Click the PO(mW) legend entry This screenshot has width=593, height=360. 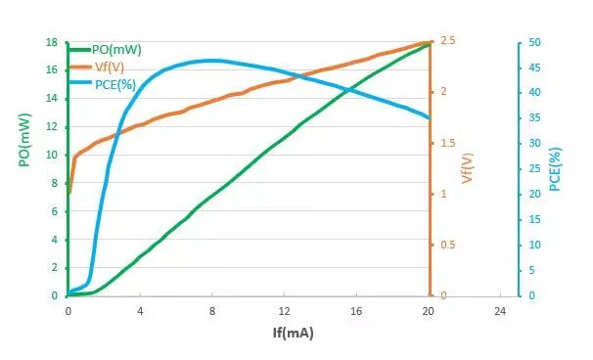(x=105, y=50)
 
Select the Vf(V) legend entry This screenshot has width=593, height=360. (x=96, y=67)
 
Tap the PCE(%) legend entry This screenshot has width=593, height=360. (x=102, y=84)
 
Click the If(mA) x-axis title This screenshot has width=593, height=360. (x=294, y=333)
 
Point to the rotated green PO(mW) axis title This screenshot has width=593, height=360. (x=24, y=140)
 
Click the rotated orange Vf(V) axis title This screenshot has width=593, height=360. (x=468, y=168)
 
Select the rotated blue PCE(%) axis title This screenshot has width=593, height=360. (x=555, y=169)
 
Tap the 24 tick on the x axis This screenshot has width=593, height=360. (x=500, y=311)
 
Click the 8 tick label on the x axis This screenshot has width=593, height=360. (x=212, y=311)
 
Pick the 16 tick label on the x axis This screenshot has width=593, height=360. (x=356, y=311)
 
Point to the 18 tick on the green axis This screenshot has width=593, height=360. (x=52, y=42)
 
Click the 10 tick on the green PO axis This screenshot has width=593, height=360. (x=52, y=155)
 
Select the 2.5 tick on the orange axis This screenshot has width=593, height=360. (x=448, y=40)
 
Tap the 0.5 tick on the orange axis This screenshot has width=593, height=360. (x=448, y=245)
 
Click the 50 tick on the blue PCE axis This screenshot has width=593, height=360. (x=534, y=42)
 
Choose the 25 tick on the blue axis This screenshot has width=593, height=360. (x=534, y=168)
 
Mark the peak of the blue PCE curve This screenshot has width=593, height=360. (x=210, y=61)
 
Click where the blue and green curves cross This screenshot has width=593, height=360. (x=348, y=90)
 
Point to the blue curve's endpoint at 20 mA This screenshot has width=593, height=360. (x=430, y=118)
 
